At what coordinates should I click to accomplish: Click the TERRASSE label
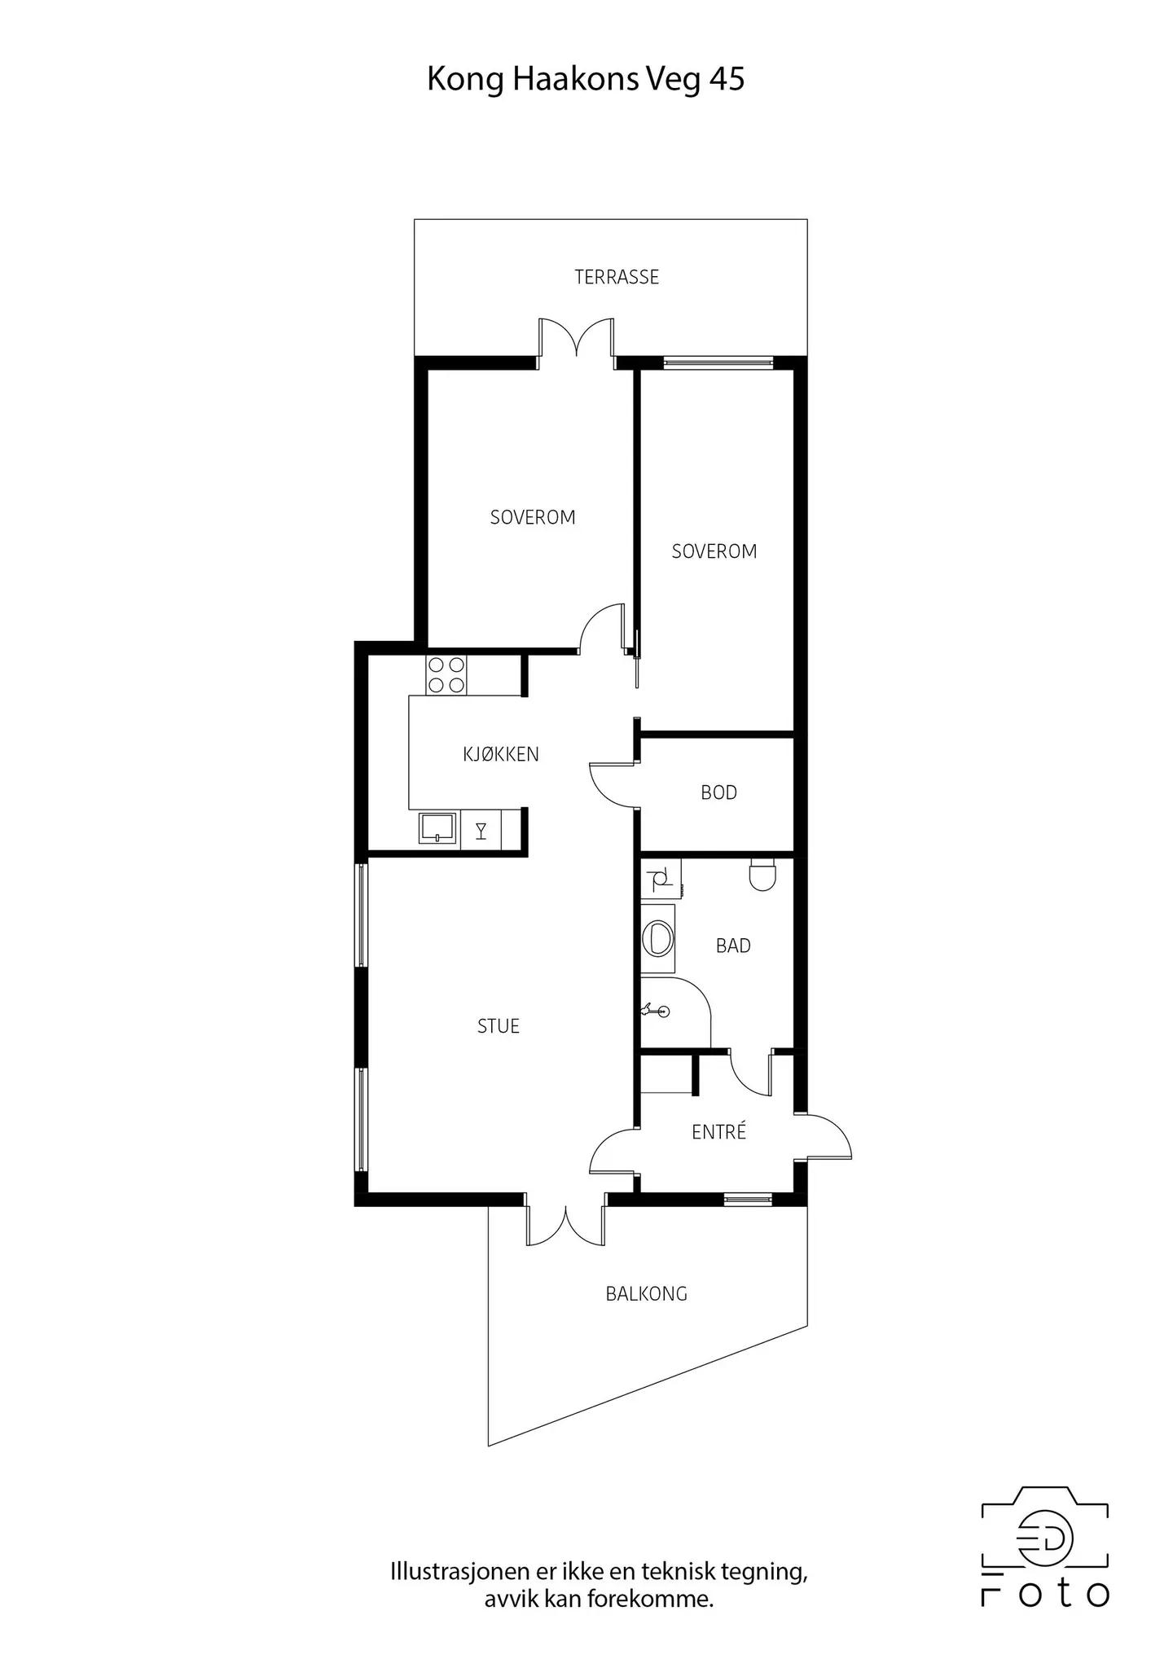pos(617,277)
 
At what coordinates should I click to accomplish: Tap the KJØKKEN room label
pos(501,754)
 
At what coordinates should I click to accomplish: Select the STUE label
pos(499,1026)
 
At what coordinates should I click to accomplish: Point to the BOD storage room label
pos(718,792)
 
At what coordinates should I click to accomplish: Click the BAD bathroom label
pos(733,946)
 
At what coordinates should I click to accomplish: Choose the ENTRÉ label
pos(718,1131)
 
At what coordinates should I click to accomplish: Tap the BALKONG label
pos(646,1293)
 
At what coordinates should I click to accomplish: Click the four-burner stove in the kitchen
pos(446,675)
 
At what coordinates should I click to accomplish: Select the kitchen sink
pos(438,827)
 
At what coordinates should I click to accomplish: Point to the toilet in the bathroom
pos(762,874)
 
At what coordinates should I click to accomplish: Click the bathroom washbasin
pos(657,937)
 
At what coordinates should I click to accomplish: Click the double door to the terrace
pos(577,338)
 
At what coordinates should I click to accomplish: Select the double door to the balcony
pos(566,1227)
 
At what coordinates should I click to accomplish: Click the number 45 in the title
pos(727,79)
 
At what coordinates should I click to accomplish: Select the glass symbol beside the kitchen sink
pos(481,831)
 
